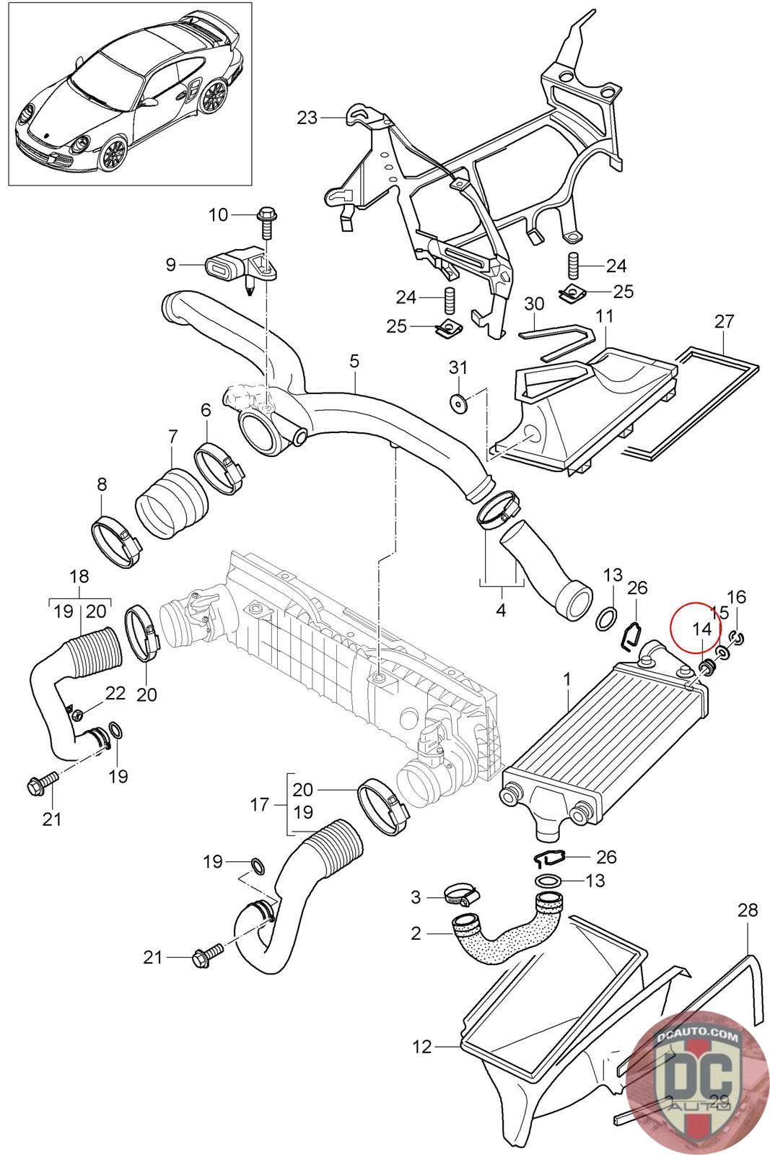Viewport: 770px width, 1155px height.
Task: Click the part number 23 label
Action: [x=307, y=118]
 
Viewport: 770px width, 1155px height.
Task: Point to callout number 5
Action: [x=354, y=360]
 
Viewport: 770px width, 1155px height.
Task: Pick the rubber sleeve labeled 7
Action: [x=172, y=502]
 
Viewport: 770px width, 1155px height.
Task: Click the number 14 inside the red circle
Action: [x=701, y=628]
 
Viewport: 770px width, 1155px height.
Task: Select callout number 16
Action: [x=737, y=597]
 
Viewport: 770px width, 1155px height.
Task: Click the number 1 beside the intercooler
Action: [x=567, y=679]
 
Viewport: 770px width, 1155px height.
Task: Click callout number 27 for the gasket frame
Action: [x=724, y=321]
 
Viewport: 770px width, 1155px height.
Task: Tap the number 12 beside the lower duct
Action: [x=423, y=1046]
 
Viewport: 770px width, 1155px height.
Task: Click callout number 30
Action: [x=534, y=303]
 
